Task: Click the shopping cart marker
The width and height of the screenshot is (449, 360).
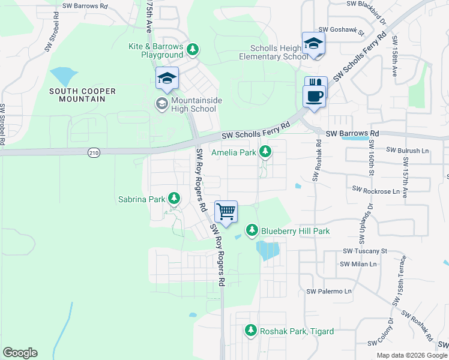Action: (x=226, y=211)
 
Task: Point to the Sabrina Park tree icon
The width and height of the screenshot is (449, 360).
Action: (x=174, y=198)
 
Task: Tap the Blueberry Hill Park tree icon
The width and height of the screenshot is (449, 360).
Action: (x=253, y=230)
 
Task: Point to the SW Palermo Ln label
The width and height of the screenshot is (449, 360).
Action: (x=328, y=292)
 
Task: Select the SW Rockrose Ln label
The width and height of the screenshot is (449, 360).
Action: (x=376, y=191)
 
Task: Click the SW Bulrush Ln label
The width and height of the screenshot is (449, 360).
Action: (x=409, y=150)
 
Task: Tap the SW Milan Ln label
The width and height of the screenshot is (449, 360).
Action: (x=358, y=264)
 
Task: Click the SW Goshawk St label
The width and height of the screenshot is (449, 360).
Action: (x=342, y=29)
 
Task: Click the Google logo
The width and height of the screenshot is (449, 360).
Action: (x=20, y=353)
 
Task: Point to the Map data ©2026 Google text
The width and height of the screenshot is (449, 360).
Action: (x=411, y=355)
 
